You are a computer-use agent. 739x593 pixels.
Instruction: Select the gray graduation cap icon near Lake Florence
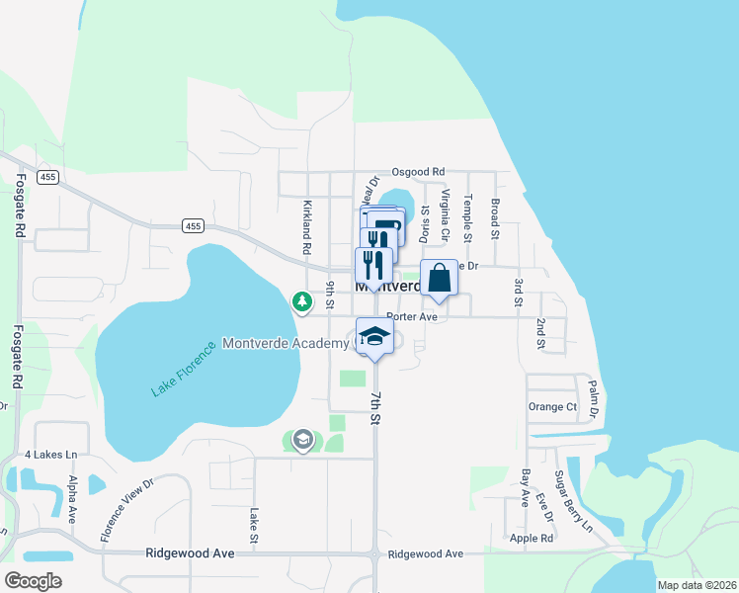[x=302, y=440]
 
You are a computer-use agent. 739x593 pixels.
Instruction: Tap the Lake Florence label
[x=183, y=368]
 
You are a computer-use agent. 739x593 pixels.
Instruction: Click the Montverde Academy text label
[x=286, y=343]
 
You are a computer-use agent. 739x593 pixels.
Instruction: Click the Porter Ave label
[x=412, y=317]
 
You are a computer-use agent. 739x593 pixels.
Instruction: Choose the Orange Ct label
[x=552, y=406]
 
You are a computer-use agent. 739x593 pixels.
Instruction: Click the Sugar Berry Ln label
[x=572, y=502]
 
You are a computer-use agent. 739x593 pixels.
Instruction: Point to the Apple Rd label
[x=532, y=539]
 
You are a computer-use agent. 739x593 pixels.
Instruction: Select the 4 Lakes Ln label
[x=50, y=455]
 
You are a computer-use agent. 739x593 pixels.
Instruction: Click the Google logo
[x=33, y=580]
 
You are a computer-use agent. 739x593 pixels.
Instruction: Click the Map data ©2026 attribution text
[x=697, y=585]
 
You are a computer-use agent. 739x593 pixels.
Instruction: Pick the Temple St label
[x=468, y=217]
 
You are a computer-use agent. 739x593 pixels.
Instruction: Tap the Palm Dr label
[x=594, y=397]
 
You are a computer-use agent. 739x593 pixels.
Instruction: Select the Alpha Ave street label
[x=72, y=499]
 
